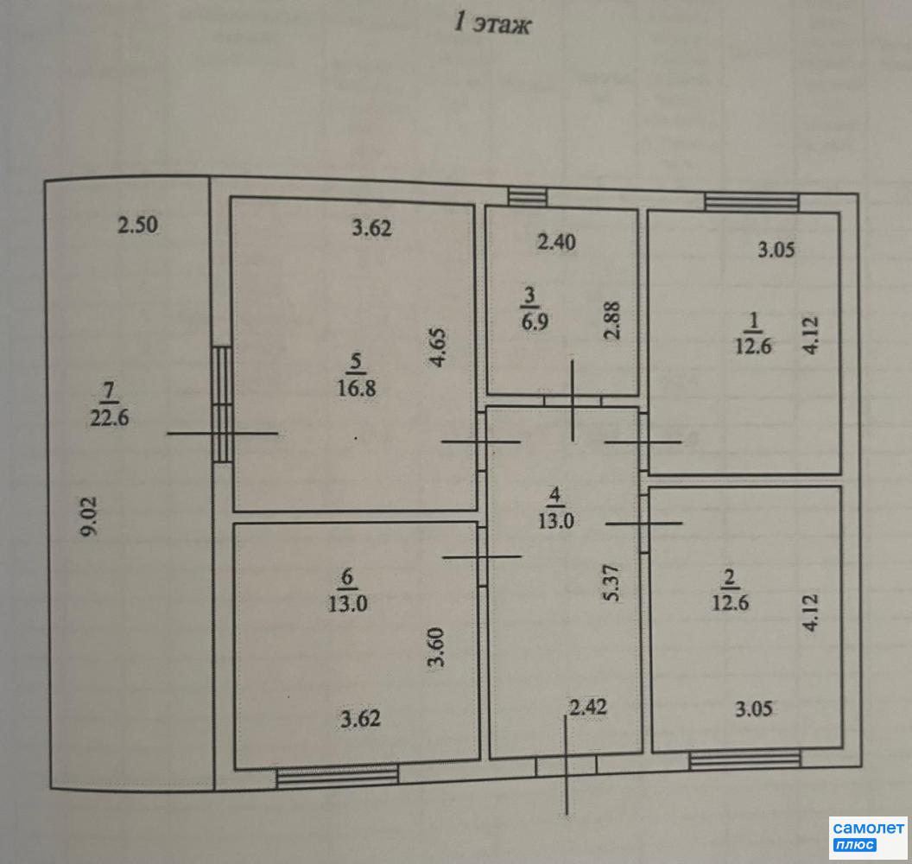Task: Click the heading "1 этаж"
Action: (x=492, y=24)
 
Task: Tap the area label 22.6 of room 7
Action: (x=110, y=417)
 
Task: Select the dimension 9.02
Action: (x=89, y=516)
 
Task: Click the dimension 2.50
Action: (x=138, y=225)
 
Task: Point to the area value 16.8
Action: (x=357, y=387)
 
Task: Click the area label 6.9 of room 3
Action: (x=535, y=321)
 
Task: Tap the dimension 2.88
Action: (x=611, y=320)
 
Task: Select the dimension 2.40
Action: (x=557, y=241)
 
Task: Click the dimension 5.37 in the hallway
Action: (x=611, y=583)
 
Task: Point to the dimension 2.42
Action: (x=588, y=707)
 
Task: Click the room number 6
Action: (x=347, y=576)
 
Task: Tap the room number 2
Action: (x=729, y=578)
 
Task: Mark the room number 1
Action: (x=754, y=321)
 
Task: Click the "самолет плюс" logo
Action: (x=868, y=836)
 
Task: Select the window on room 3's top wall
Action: (x=528, y=197)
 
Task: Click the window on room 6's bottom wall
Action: (x=338, y=777)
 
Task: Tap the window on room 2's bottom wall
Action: (x=745, y=759)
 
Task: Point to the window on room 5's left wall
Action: (x=222, y=404)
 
